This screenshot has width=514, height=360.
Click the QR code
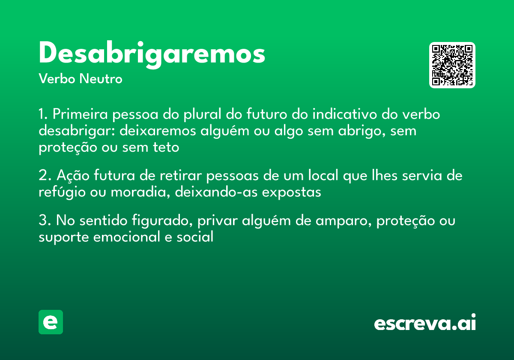pyautogui.click(x=452, y=65)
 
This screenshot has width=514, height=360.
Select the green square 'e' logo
pyautogui.click(x=51, y=322)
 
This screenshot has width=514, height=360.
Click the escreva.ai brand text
pyautogui.click(x=424, y=323)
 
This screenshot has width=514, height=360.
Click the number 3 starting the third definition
pyautogui.click(x=42, y=222)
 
